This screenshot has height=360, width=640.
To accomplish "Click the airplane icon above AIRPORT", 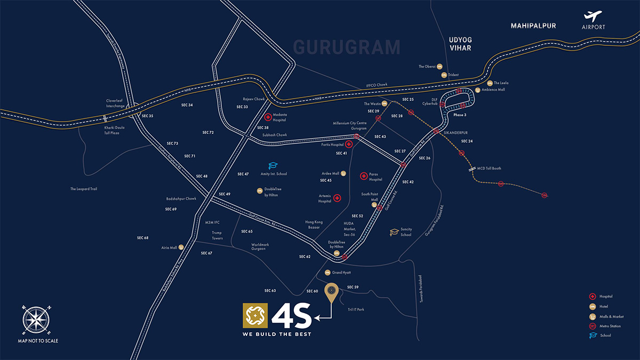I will click(x=593, y=17).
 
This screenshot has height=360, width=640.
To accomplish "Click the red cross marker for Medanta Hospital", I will click(x=268, y=117).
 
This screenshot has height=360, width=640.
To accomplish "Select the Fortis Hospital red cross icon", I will click(x=349, y=144).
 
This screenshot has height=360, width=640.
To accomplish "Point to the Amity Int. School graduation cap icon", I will click(x=273, y=166).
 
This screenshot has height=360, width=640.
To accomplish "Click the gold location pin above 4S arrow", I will click(x=332, y=291).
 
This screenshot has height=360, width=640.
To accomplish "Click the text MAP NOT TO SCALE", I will click(x=38, y=340).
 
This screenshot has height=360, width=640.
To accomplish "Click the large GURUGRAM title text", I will click(x=347, y=47).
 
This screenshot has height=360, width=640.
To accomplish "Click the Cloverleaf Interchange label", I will click(x=115, y=103).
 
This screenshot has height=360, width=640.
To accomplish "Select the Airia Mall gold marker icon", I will click(x=181, y=247).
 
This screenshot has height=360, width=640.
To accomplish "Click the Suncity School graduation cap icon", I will click(x=394, y=232).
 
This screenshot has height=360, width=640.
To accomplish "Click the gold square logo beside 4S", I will click(x=255, y=316).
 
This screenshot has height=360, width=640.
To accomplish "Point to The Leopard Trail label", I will click(x=84, y=189).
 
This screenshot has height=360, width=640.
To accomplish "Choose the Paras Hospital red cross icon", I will click(x=364, y=175).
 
